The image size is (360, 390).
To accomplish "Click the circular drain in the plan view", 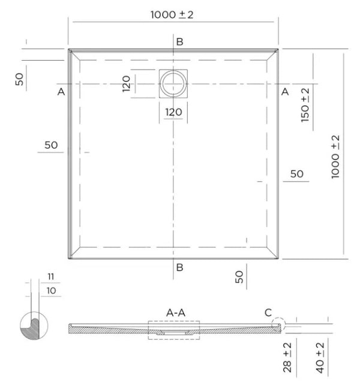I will [x=173, y=83].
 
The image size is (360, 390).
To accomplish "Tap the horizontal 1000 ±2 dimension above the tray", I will [x=172, y=15].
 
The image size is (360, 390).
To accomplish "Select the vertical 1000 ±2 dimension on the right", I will [x=335, y=156].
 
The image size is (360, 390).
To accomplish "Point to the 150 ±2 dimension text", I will [x=305, y=106].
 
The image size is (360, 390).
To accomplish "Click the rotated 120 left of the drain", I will [x=127, y=84].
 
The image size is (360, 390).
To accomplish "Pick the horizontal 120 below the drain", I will [x=173, y=112].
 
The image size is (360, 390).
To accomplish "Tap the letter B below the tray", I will [x=179, y=268].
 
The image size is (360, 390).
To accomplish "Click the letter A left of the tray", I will [x=61, y=92].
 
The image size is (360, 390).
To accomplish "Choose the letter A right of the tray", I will [x=285, y=92].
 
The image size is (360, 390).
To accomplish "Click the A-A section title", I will [x=176, y=312].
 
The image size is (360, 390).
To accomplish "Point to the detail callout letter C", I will [x=268, y=312].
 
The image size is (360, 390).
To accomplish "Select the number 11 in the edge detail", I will [x=50, y=276].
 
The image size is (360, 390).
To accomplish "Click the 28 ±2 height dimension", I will [x=289, y=359].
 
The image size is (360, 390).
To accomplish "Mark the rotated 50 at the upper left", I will [x=20, y=79].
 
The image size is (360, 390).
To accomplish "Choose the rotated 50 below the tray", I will [x=239, y=277].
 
